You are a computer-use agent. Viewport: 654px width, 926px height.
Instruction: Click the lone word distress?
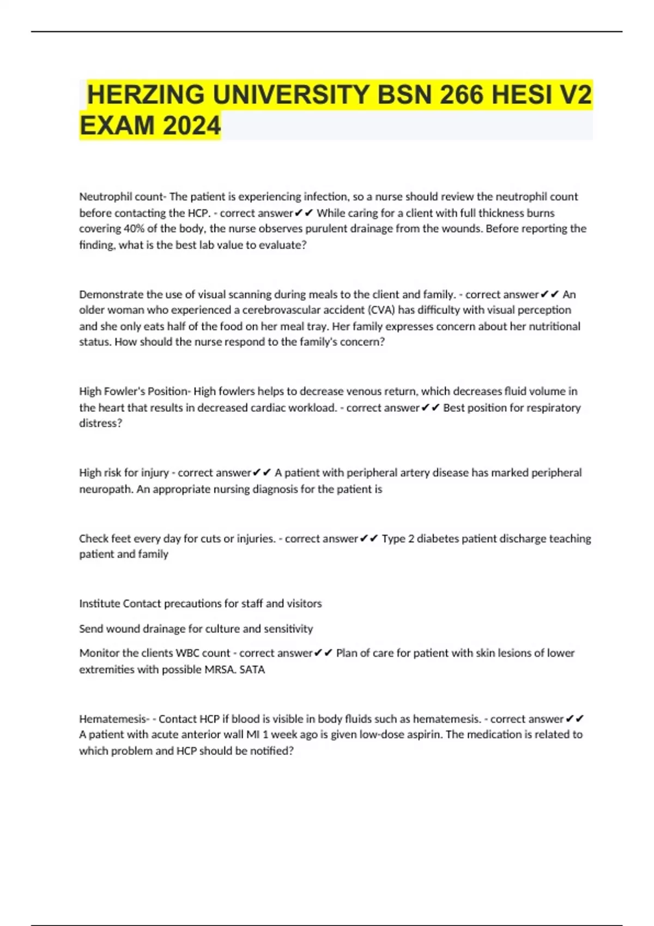(x=101, y=423)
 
